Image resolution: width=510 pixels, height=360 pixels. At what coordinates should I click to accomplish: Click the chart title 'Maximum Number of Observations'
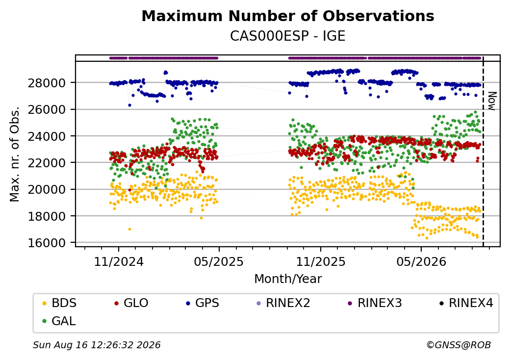click(288, 16)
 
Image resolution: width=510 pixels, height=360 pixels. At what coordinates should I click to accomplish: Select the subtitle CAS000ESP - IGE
click(287, 36)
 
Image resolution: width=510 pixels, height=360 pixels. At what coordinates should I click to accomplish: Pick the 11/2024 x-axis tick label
click(119, 261)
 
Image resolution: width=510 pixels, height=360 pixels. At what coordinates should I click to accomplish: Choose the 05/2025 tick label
click(219, 261)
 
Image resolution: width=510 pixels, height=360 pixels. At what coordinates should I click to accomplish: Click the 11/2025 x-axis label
click(321, 261)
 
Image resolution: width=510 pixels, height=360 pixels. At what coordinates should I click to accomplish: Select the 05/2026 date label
click(421, 261)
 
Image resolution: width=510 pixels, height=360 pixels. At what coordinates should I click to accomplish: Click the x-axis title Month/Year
click(288, 279)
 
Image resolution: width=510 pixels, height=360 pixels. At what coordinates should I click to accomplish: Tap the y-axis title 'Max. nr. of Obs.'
click(15, 154)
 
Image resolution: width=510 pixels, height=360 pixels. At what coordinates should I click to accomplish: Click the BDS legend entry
click(60, 303)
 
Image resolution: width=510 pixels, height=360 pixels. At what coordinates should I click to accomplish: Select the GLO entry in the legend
click(131, 303)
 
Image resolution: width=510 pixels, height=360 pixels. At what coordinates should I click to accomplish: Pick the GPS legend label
click(203, 303)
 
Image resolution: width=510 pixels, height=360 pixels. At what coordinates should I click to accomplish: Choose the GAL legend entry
click(59, 321)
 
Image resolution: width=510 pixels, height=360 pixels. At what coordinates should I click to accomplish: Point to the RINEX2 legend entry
click(283, 303)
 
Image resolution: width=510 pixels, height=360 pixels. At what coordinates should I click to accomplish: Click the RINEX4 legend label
click(466, 303)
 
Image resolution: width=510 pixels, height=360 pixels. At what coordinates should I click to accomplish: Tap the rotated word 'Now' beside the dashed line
click(492, 101)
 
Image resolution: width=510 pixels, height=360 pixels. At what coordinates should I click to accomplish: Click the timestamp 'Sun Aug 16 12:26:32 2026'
click(97, 345)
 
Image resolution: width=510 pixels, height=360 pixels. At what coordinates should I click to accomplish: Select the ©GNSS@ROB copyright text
click(459, 345)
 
